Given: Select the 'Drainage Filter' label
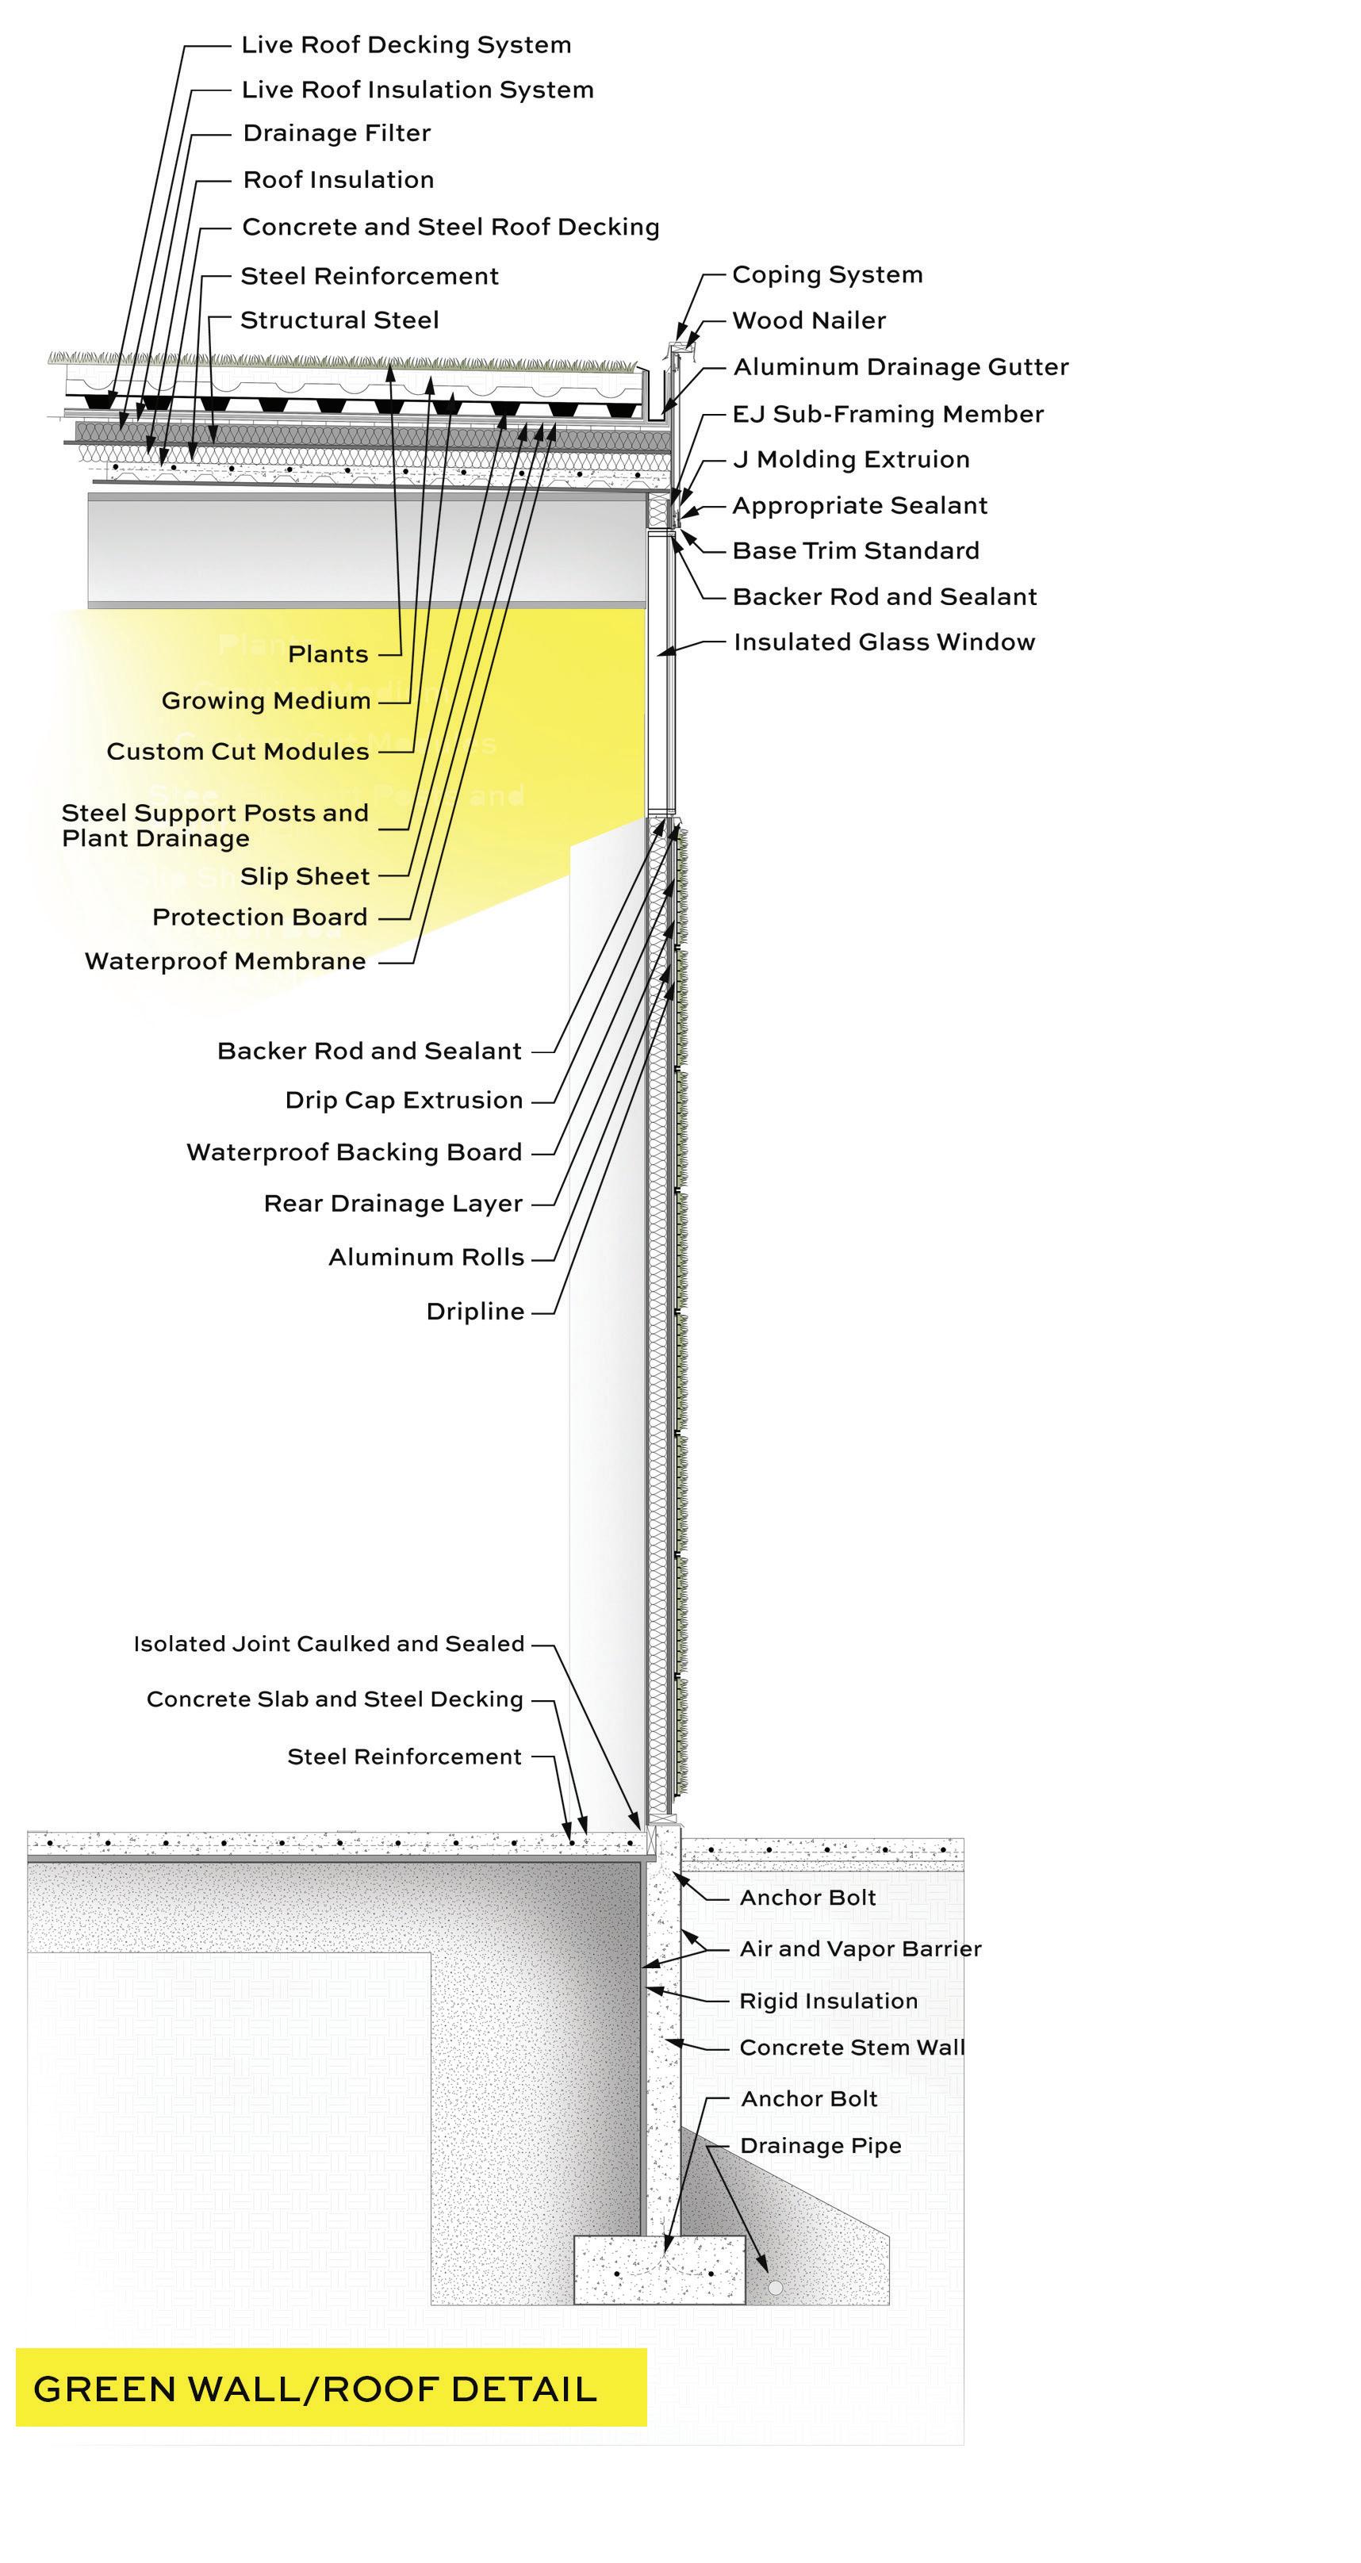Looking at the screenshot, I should (336, 133).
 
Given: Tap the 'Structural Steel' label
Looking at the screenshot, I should (339, 320).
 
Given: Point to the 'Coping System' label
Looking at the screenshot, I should (826, 274).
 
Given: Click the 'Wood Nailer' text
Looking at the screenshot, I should (809, 320).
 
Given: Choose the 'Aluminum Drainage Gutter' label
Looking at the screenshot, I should (900, 367).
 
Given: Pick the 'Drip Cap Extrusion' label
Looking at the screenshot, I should (403, 1101).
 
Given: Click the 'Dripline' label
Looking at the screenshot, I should (474, 1312).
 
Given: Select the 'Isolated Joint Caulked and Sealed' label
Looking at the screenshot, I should (328, 1645).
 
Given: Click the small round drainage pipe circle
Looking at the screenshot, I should (775, 2287).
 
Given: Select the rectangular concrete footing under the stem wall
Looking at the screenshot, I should (658, 2270).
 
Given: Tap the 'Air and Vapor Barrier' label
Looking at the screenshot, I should (860, 1949).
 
